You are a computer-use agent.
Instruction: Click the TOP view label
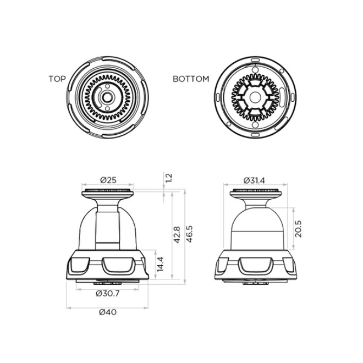(x=57, y=79)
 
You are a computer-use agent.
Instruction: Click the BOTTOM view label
(x=191, y=79)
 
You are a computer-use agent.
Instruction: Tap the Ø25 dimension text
(x=107, y=180)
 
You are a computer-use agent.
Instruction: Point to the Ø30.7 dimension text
(x=107, y=293)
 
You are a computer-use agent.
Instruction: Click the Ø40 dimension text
(x=107, y=312)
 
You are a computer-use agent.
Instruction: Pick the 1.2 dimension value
(x=168, y=177)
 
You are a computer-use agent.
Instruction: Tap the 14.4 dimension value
(x=161, y=265)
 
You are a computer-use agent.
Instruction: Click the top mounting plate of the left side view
(x=107, y=193)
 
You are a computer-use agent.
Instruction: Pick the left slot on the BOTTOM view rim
(x=219, y=98)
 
